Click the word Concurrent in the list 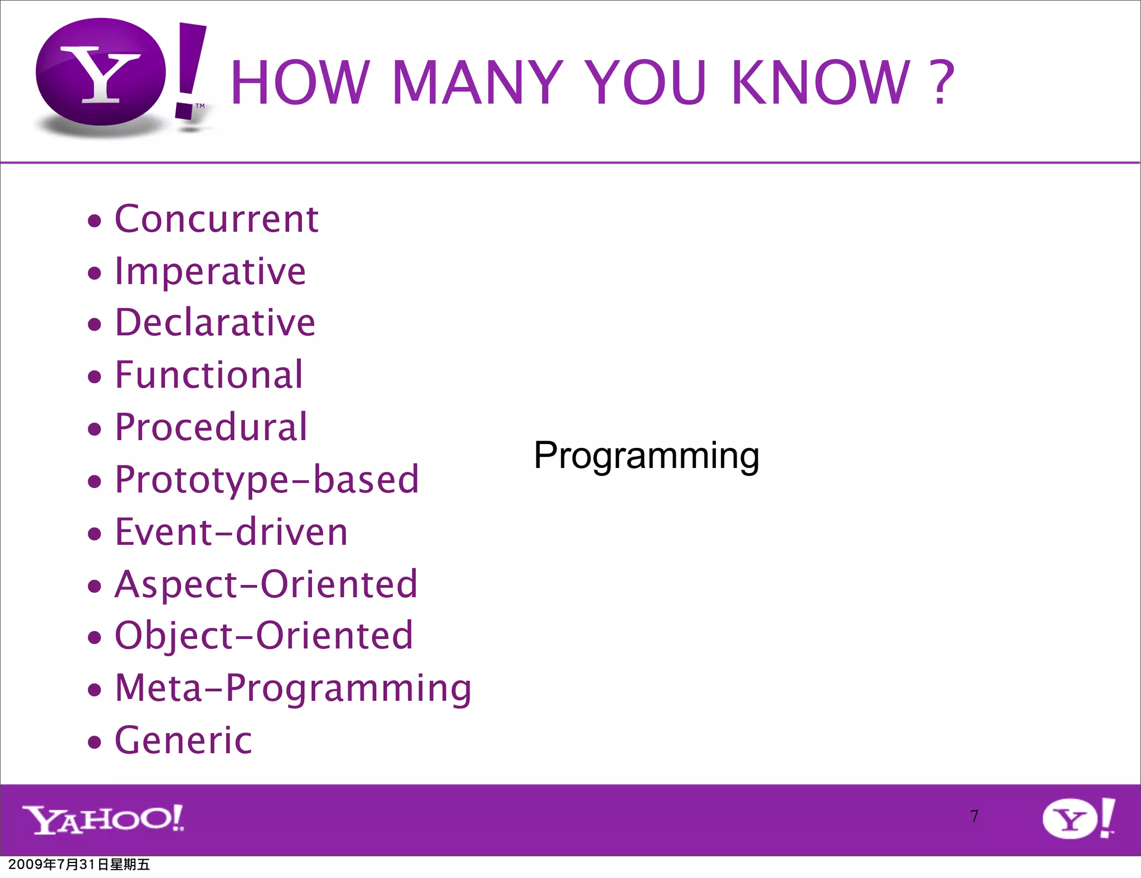(216, 219)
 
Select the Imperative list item (210, 271)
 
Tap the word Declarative (215, 323)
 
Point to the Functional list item (209, 375)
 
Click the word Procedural (211, 427)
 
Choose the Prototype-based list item (266, 480)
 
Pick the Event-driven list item (231, 532)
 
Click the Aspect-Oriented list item (266, 584)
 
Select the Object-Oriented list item (264, 636)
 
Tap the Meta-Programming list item (293, 688)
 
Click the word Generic (183, 740)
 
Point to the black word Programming (646, 456)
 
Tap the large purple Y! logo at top (120, 75)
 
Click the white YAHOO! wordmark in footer (103, 820)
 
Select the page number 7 (974, 816)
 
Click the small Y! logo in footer (1078, 818)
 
